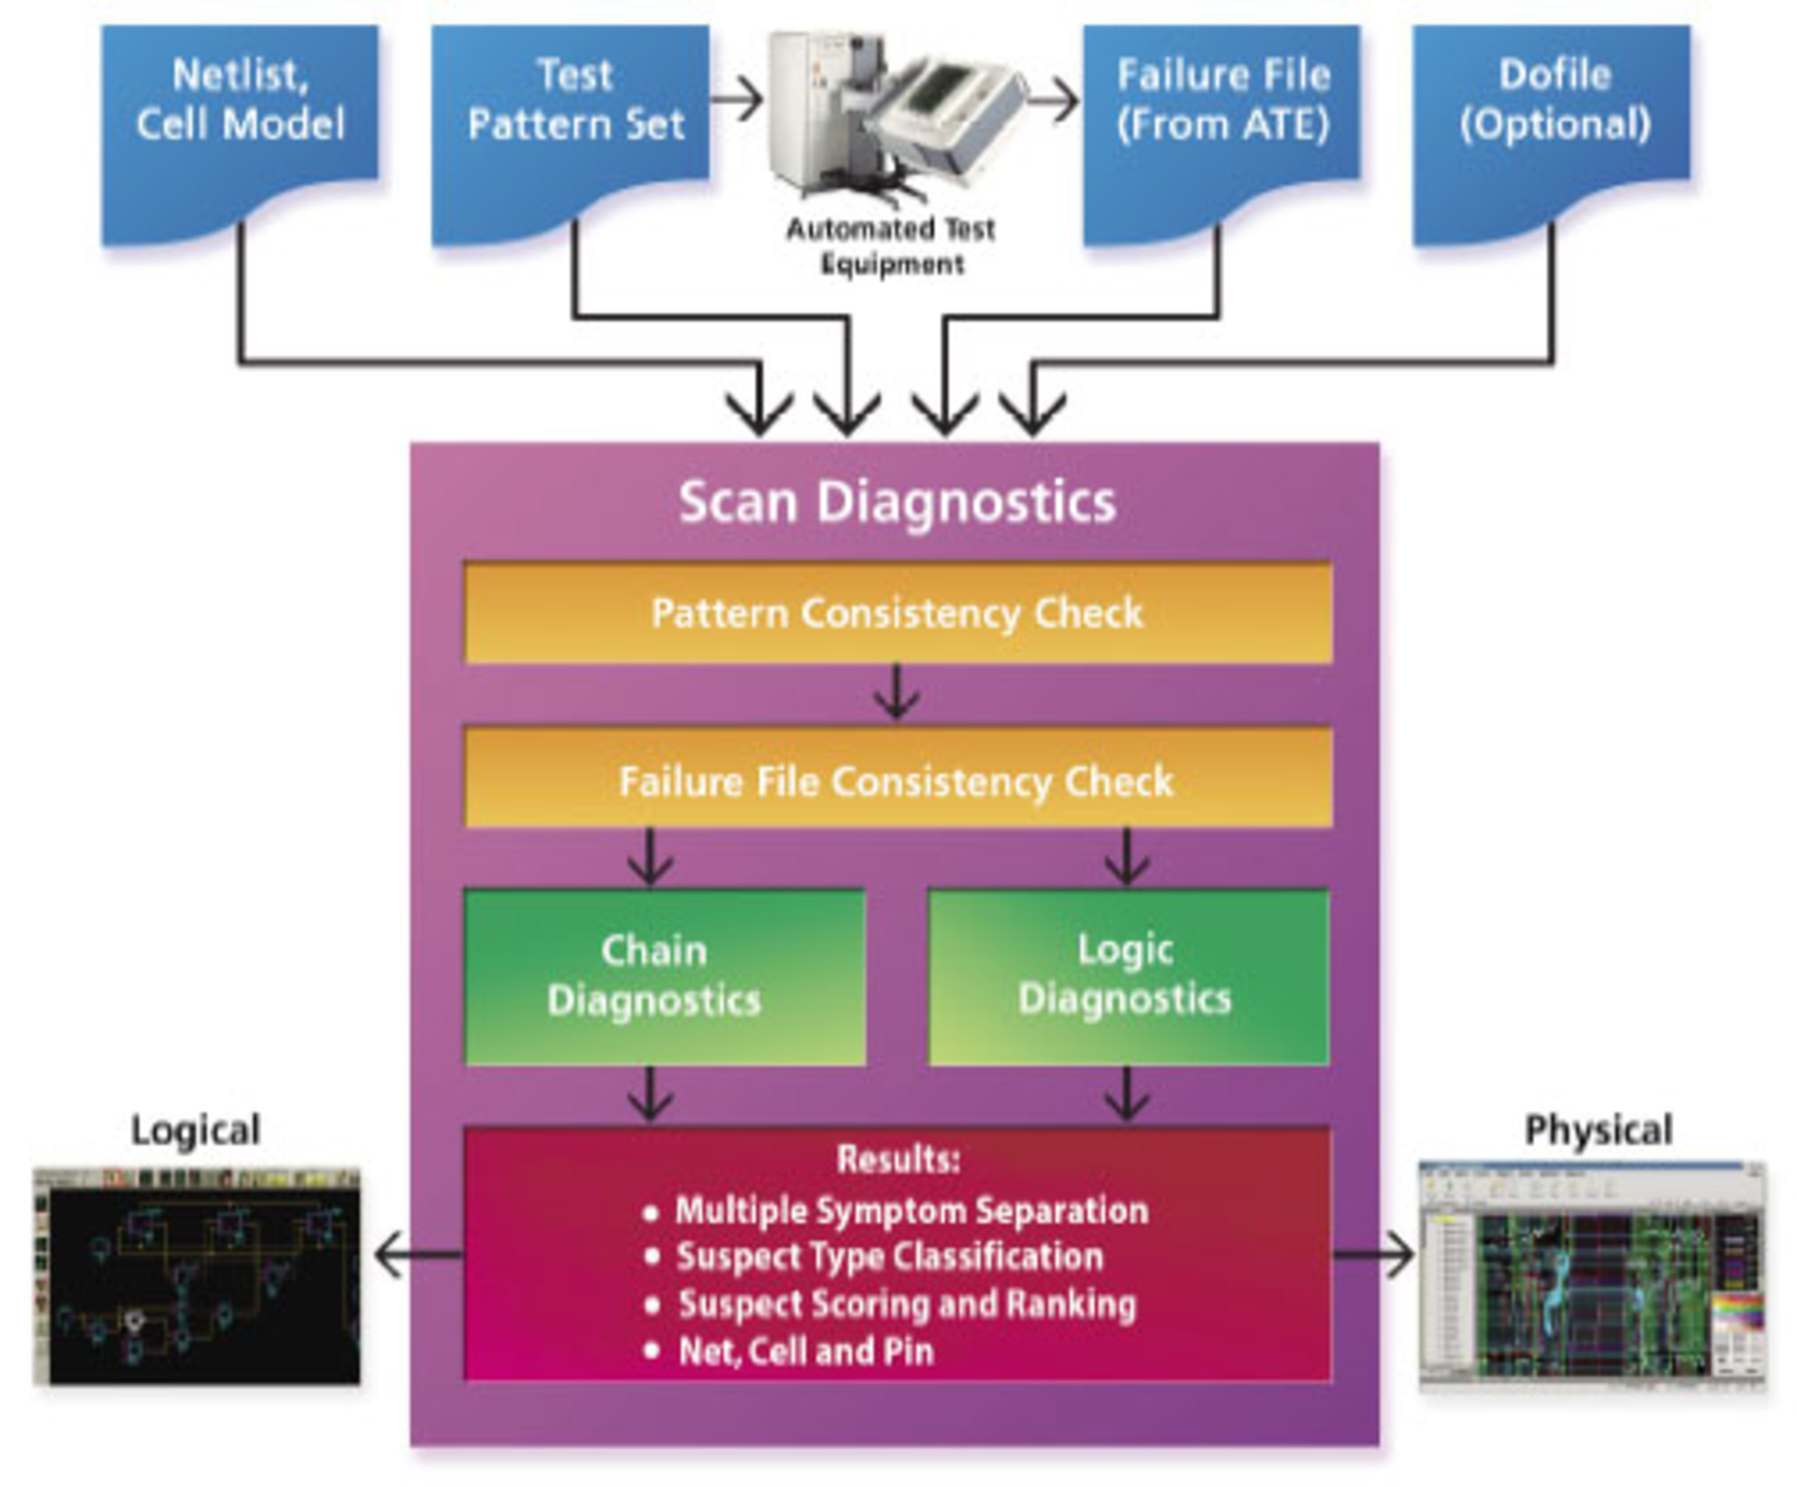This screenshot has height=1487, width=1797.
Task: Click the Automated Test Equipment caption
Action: [x=890, y=246]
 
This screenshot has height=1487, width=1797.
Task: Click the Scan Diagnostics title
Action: [x=897, y=503]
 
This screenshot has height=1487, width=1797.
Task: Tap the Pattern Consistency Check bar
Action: [x=897, y=614]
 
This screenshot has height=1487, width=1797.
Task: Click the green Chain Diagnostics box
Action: [x=665, y=976]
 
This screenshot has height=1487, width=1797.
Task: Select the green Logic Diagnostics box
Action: [x=1127, y=976]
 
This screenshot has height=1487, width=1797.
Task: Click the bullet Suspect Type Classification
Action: [x=889, y=1257]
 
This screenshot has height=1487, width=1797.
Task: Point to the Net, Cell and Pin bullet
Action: [x=805, y=1351]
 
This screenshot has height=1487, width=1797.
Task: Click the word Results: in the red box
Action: [x=898, y=1159]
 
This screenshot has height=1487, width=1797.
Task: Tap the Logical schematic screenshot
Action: [x=197, y=1277]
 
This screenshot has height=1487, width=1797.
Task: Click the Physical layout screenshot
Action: [x=1591, y=1277]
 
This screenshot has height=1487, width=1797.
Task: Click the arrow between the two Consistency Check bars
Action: [x=897, y=694]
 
